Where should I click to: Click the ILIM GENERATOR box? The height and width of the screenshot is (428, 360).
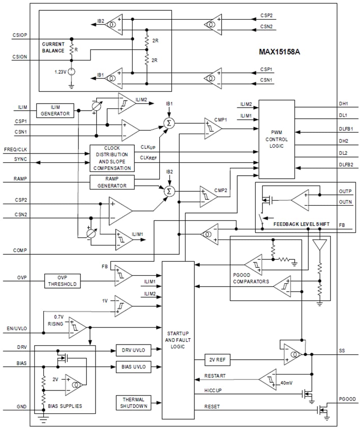(55, 111)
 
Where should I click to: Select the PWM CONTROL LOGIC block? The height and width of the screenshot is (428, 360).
(276, 139)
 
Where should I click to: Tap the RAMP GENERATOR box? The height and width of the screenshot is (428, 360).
(112, 182)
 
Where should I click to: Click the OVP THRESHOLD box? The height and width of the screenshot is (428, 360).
(63, 281)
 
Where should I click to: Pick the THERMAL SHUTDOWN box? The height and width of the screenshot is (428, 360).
(133, 403)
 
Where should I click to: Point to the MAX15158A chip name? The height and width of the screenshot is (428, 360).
(279, 51)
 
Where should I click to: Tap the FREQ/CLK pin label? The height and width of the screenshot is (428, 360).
(14, 149)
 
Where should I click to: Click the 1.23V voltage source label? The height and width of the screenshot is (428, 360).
(60, 72)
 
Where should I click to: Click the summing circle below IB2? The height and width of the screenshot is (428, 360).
(170, 191)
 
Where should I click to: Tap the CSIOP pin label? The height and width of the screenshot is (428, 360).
(20, 35)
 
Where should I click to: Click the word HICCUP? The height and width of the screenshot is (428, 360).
(213, 390)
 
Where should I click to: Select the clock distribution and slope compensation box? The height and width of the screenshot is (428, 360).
(112, 158)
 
